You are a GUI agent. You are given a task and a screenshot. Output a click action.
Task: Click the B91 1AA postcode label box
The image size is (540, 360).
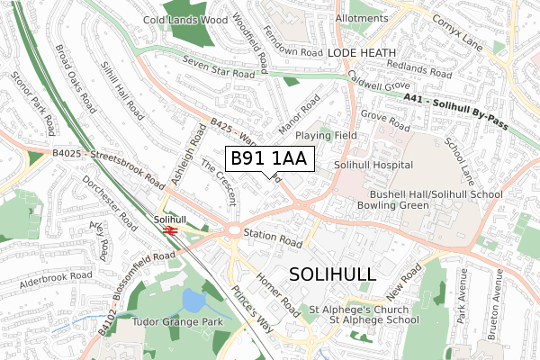pos(268,159)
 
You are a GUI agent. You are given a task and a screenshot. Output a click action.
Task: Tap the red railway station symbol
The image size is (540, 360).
pos(168,229)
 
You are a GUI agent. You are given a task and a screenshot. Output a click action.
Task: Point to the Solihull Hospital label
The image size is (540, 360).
pos(373,166)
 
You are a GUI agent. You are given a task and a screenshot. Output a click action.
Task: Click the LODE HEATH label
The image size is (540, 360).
pos(361,54)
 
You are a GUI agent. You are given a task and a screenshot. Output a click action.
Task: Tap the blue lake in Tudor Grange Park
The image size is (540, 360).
pos(193,300)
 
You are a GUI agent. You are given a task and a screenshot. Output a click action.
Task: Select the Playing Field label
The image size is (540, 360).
pos(320,135)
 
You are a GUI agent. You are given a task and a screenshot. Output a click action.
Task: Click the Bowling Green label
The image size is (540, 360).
pos(405,206)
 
